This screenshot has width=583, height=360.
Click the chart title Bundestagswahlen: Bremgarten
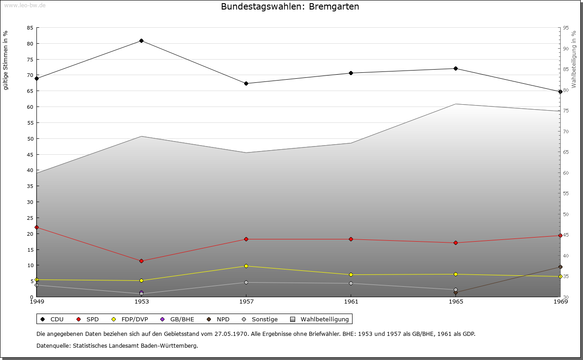coord(290,7)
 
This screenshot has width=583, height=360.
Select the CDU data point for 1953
coord(142,41)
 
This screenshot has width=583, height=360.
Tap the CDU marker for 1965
coord(456,69)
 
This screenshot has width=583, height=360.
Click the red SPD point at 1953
coord(142,261)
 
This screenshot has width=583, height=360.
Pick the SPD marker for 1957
coord(246,239)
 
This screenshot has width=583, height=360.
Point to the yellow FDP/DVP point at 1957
coord(246,266)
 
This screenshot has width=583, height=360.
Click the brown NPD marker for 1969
coord(560,267)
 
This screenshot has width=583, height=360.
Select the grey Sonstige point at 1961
coord(351,284)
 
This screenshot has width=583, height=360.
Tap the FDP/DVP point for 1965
coord(456,274)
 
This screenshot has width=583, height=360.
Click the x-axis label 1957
coord(246,301)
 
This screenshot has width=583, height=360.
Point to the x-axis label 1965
coord(456,301)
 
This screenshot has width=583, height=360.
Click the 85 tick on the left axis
coord(30,28)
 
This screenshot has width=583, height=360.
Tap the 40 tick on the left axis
coord(30,170)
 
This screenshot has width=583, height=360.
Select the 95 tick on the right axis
coord(566,28)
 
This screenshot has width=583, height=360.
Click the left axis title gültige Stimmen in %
coord(6,60)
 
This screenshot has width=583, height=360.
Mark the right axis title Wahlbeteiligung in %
coord(574,60)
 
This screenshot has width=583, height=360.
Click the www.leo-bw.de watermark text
coord(24,5)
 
